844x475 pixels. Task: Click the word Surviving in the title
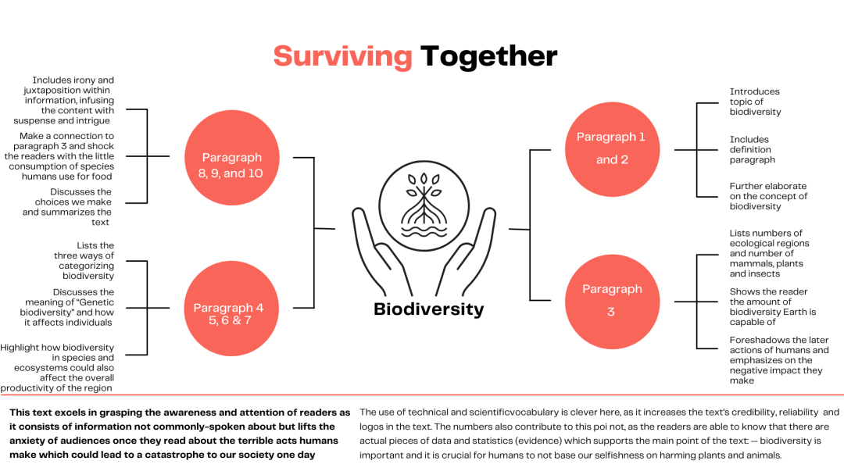[x=342, y=57]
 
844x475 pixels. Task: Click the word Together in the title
[x=488, y=56]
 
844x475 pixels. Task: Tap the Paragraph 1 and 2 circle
[x=612, y=149]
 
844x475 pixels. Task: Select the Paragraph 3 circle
[x=612, y=302]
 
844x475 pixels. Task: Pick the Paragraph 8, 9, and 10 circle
[x=231, y=158]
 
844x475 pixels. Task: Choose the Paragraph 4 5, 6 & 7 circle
[x=231, y=309]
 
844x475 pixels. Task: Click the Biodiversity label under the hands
[x=428, y=309]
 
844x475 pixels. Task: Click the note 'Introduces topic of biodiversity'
[x=755, y=102]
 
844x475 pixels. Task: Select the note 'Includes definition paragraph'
[x=752, y=149]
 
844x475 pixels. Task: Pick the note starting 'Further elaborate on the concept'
[x=768, y=196]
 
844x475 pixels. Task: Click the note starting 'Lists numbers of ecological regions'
[x=769, y=253]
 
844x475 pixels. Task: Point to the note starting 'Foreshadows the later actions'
[x=779, y=360]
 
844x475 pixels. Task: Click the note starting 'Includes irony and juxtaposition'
[x=64, y=100]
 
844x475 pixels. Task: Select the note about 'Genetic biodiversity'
[x=66, y=307]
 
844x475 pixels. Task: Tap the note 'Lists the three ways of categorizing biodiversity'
[x=84, y=260]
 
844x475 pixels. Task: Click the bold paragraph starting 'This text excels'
[x=180, y=434]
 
